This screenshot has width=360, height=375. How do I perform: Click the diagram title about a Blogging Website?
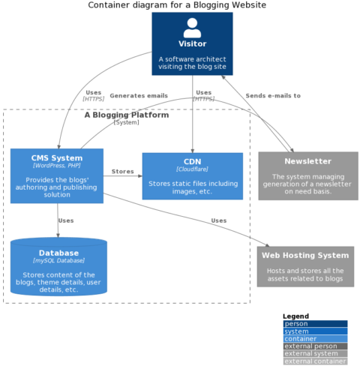tap(177, 5)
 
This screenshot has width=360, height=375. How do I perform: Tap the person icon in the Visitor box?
tap(192, 28)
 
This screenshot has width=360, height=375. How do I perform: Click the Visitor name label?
tap(192, 44)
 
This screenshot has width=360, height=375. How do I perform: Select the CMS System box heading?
tap(57, 158)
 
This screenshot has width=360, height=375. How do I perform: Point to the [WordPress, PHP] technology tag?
tap(57, 166)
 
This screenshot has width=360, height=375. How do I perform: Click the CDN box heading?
tap(192, 161)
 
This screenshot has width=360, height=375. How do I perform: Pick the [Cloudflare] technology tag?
tap(192, 169)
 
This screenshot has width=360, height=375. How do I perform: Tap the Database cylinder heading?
tap(58, 253)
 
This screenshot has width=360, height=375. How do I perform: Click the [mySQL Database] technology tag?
tap(58, 261)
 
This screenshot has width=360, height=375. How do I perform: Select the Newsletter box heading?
tap(307, 161)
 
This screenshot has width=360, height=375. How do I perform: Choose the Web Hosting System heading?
tap(305, 256)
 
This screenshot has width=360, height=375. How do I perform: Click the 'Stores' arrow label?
tap(122, 172)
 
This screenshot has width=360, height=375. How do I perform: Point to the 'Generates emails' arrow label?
tap(139, 96)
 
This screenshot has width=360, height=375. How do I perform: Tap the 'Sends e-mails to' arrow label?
tap(273, 96)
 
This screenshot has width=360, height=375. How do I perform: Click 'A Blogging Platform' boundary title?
tap(126, 115)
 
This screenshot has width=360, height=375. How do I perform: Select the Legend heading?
tap(295, 316)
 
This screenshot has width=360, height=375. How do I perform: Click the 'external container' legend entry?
tap(315, 361)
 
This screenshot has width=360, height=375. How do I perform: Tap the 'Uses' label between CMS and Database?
tap(66, 221)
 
